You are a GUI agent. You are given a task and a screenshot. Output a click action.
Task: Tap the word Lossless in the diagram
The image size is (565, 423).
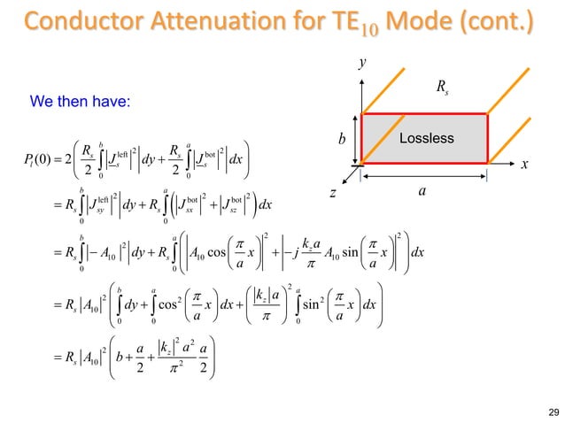tap(425, 138)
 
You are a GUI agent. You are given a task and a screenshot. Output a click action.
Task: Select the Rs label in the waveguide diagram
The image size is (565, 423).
tap(442, 87)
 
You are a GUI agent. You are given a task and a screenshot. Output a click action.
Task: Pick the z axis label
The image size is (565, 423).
tap(334, 193)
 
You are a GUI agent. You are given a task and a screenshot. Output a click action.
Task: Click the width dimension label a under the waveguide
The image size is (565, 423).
tap(422, 190)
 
